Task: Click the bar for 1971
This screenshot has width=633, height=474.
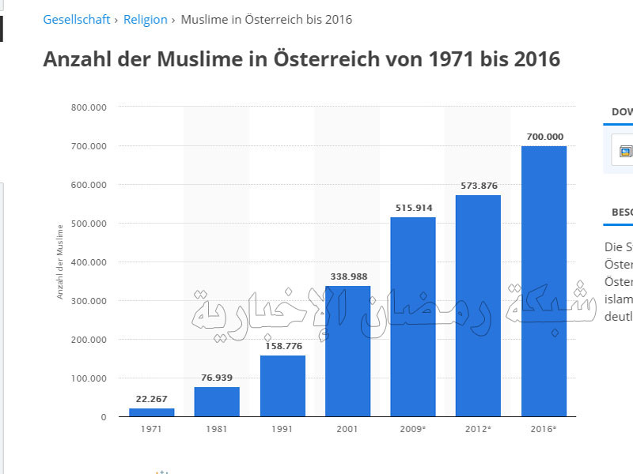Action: (152, 412)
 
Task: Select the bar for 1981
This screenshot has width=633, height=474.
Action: (217, 401)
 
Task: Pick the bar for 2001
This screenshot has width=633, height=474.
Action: (347, 351)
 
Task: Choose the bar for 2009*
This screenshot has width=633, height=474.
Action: (412, 317)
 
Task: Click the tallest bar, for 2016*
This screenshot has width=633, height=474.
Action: (544, 281)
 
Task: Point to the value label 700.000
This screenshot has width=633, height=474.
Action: (544, 137)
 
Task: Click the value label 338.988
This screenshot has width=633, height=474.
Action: (347, 276)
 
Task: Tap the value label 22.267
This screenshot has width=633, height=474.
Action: (152, 399)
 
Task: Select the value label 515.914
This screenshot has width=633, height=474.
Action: (412, 208)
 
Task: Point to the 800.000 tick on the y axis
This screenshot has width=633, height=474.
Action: (88, 107)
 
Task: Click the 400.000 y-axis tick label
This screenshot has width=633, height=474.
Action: (88, 262)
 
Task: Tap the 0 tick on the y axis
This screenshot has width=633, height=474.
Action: (103, 417)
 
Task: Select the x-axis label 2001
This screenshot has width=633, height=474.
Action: (347, 429)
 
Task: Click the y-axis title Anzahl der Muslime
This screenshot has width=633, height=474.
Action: (60, 261)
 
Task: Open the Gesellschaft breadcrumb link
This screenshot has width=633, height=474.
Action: (77, 20)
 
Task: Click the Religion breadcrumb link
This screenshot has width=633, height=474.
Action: (146, 20)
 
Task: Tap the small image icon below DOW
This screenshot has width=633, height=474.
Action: (625, 151)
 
